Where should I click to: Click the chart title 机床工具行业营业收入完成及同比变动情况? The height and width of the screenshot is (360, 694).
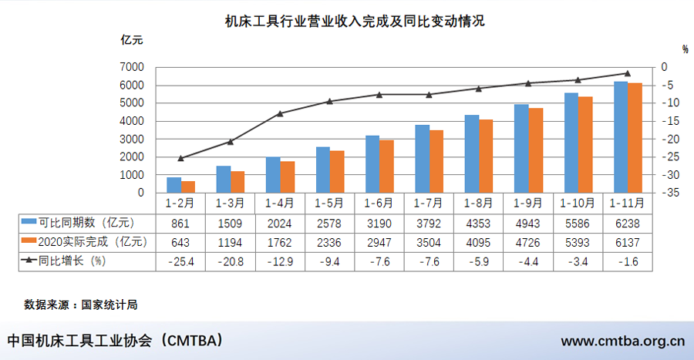pos(355,21)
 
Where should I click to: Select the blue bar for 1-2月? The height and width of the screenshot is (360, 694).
pos(174,185)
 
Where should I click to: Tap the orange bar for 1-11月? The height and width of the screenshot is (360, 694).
pos(635,137)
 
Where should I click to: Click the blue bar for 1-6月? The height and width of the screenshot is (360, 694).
pos(372,164)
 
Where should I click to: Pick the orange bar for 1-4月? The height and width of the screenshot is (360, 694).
pos(288,177)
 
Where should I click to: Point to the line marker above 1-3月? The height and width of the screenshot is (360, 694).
pos(230,142)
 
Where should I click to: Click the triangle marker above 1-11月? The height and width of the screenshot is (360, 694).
pos(627,73)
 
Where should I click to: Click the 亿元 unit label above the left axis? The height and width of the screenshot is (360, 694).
pos(131,39)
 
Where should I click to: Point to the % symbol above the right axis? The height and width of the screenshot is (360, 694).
pos(685,49)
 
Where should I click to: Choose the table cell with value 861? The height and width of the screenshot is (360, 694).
pos(180,223)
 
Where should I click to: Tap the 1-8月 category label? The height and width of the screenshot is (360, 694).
pos(478,204)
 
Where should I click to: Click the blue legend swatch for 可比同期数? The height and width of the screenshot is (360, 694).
pos(28,223)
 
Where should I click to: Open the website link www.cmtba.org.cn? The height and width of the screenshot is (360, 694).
pos(622,341)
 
